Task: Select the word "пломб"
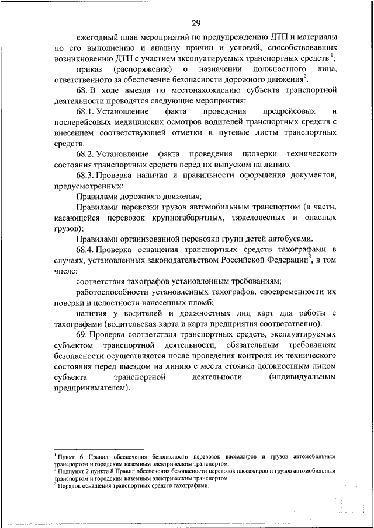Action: [200, 302]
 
